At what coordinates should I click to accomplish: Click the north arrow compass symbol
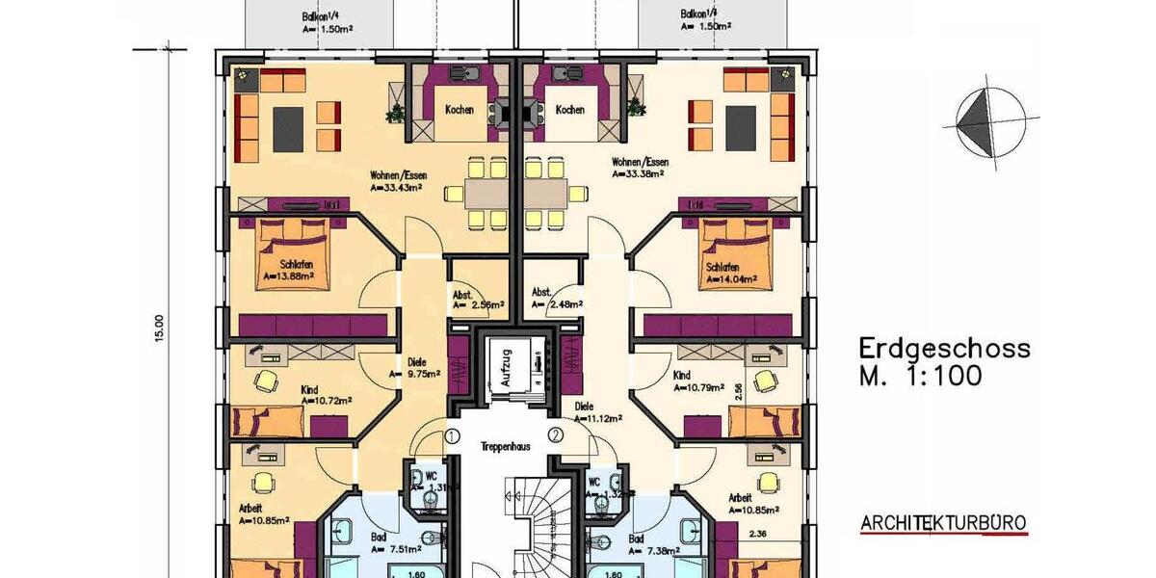point(983,120)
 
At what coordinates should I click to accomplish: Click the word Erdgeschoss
point(944,348)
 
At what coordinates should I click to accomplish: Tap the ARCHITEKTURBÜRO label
point(943,525)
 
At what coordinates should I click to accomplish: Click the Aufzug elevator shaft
point(504,367)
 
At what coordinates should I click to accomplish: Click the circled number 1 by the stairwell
point(451,435)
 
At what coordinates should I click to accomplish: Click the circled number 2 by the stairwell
point(555,435)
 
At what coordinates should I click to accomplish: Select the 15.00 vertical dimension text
point(160,328)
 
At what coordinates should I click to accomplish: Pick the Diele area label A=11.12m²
point(597,418)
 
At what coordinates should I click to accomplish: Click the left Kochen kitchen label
point(459,110)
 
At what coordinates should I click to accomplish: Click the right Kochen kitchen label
point(570,110)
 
